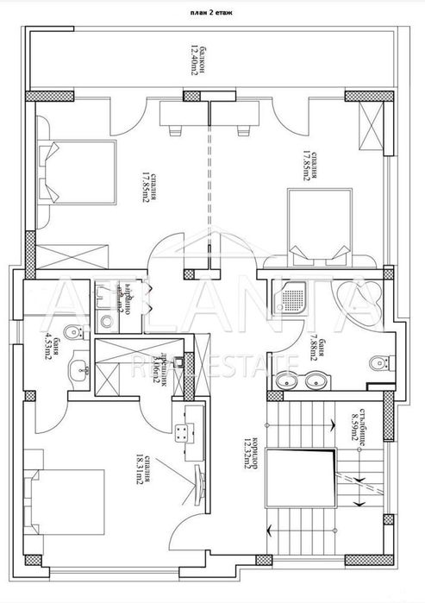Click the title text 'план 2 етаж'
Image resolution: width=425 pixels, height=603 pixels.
tap(212, 15)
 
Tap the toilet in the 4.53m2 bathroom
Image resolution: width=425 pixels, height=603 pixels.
tap(75, 333)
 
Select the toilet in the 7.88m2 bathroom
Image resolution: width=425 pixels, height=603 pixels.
tap(378, 363)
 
